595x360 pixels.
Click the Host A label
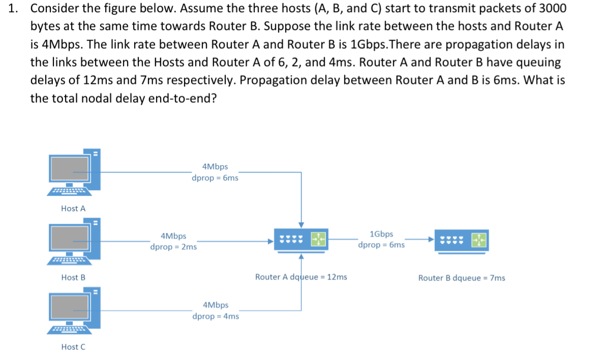coord(73,208)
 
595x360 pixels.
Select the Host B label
coord(73,278)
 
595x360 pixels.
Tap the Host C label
coord(73,347)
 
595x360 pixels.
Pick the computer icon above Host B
coord(74,241)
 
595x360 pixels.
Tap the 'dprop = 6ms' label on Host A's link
coord(215,178)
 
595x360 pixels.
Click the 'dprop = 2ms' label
coord(173,247)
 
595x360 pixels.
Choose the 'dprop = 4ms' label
coord(216,316)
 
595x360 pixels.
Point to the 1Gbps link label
coord(381,234)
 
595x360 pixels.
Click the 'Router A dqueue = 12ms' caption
coord(301,277)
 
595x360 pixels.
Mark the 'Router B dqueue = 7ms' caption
coord(461,278)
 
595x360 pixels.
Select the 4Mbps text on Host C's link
coord(216,305)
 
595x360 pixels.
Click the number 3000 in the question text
coord(550,9)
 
